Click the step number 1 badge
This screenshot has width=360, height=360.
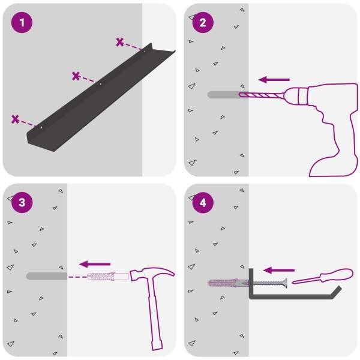22,23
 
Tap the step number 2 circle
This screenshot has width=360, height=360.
203,23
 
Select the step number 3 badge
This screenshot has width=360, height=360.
22,203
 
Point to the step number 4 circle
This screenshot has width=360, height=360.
203,203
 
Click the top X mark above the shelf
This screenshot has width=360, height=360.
119,42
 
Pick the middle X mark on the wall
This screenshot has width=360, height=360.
76,76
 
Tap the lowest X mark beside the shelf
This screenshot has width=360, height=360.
15,119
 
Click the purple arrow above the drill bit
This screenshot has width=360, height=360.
274,80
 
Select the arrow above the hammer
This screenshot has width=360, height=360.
95,264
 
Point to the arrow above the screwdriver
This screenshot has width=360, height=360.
279,270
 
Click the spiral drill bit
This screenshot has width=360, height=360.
261,95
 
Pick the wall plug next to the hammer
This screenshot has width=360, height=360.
108,277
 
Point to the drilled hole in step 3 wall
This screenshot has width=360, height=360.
47,276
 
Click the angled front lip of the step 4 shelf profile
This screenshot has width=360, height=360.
336,292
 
